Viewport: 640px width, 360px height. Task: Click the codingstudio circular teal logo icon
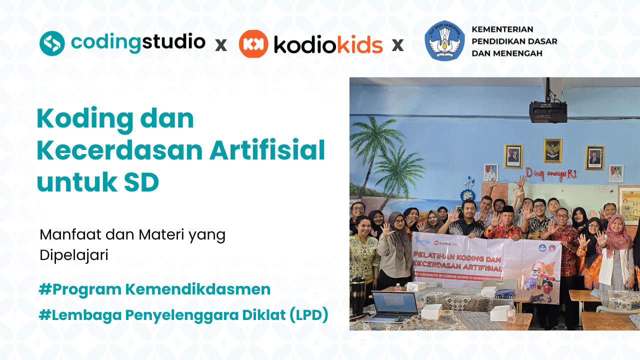[52, 43]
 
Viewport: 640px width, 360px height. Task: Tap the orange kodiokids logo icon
[253, 44]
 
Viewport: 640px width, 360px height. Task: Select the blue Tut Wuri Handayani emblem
[444, 40]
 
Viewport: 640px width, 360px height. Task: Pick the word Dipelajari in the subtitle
[74, 255]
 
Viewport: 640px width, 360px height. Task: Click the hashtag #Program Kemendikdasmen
[154, 289]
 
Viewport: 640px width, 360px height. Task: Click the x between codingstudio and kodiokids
[220, 45]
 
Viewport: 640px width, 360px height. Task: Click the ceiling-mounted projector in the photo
[548, 111]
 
